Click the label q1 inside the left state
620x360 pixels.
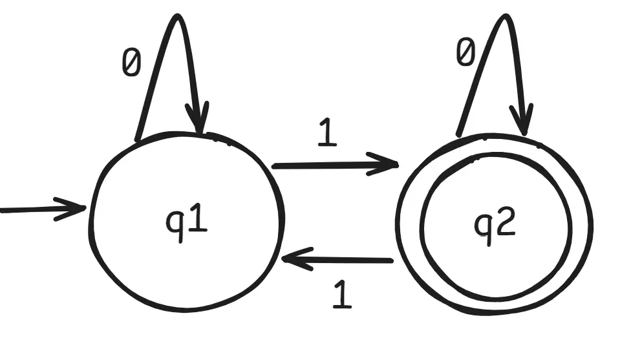[x=187, y=223]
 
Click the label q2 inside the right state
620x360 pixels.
[x=495, y=224]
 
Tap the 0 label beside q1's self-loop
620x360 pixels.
[x=131, y=64]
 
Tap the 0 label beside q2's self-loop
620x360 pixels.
[x=465, y=53]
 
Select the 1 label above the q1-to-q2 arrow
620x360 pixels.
[x=328, y=134]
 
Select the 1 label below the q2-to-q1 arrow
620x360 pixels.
[x=343, y=295]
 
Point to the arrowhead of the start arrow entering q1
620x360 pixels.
[x=81, y=208]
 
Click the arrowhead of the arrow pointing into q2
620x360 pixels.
[x=391, y=165]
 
